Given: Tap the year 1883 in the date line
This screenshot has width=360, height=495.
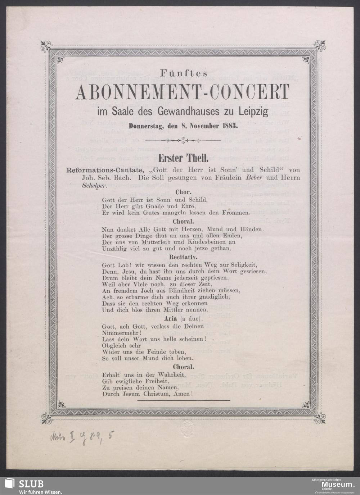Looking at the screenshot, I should click(x=229, y=126).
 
